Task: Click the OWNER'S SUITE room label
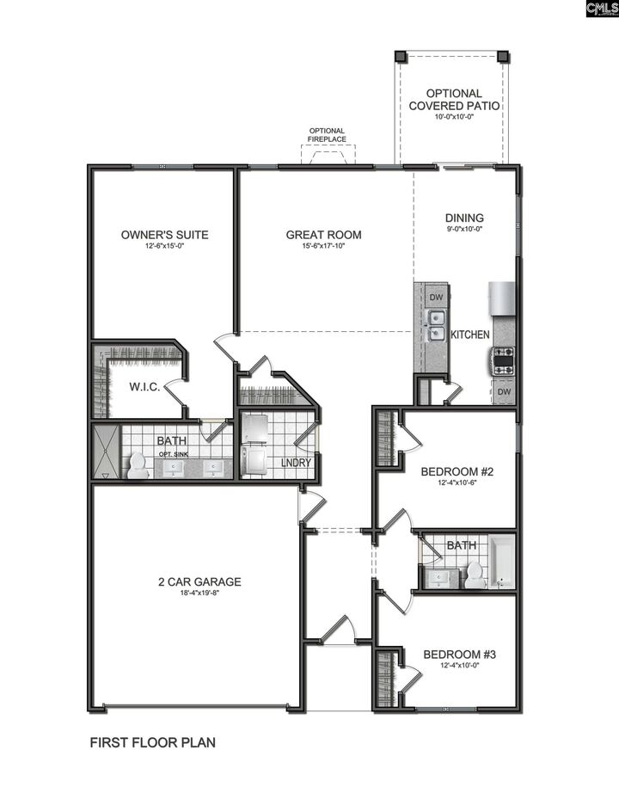164,234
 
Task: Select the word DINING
464,218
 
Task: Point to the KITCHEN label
470,335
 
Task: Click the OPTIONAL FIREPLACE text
328,135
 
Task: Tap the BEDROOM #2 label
456,471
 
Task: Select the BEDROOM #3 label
459,655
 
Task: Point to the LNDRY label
296,463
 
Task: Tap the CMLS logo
601,9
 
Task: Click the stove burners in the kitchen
502,360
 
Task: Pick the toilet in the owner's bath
137,465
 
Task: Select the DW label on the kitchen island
436,298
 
